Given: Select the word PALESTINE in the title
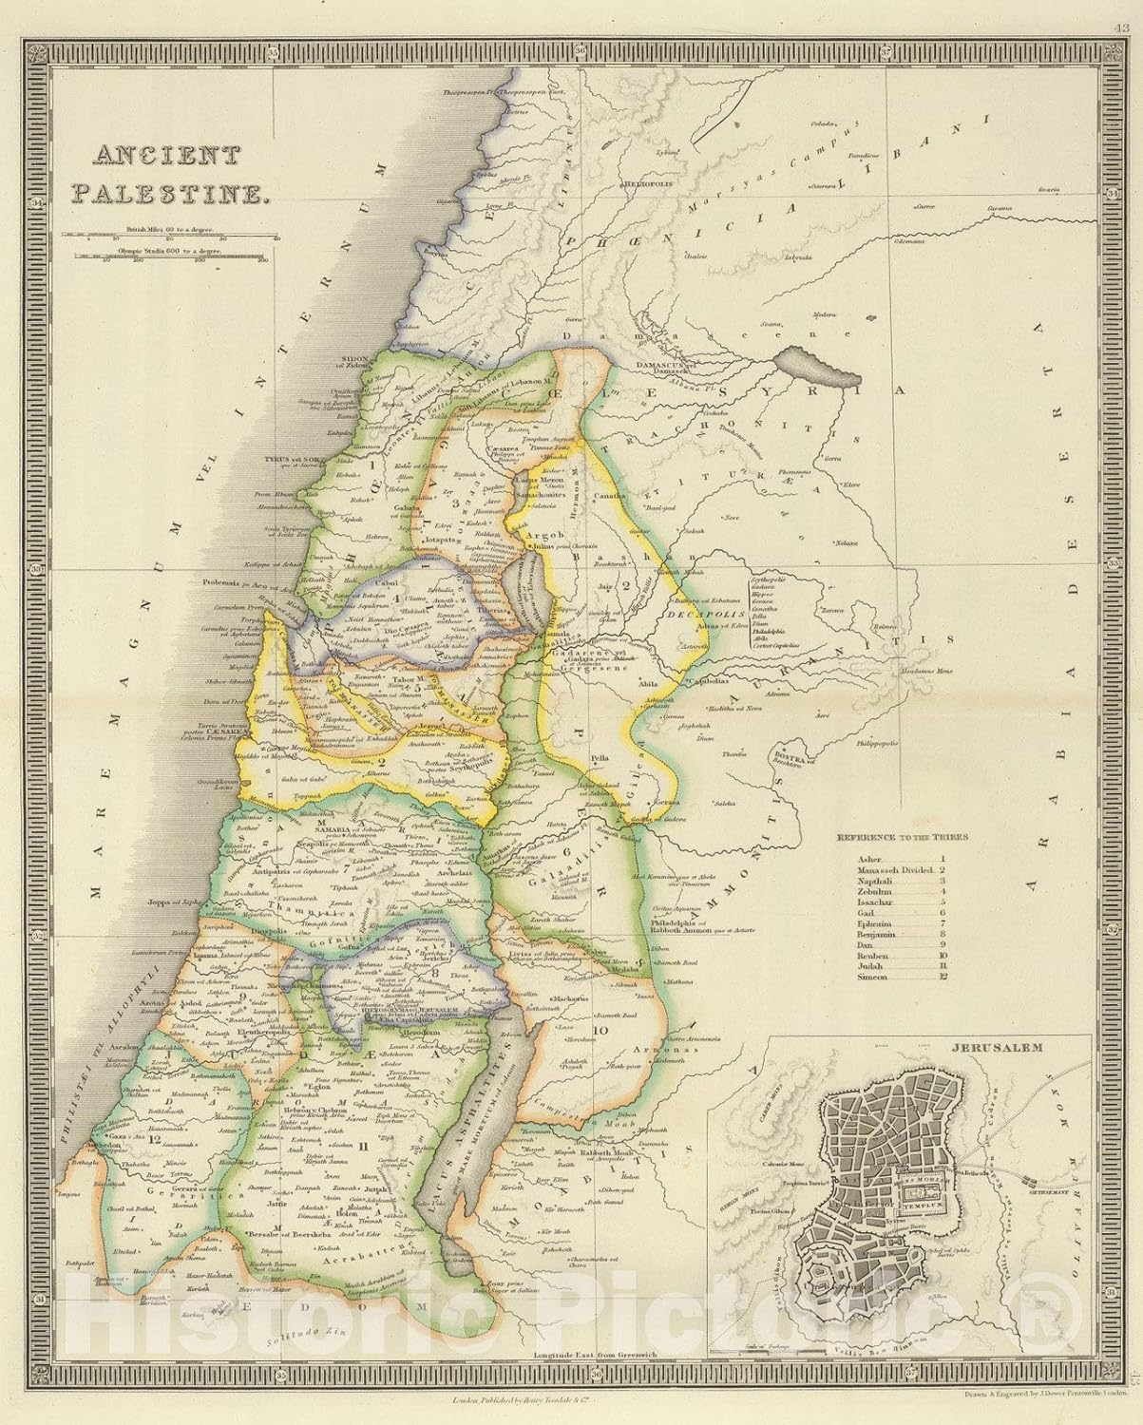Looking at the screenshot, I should tap(167, 193).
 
